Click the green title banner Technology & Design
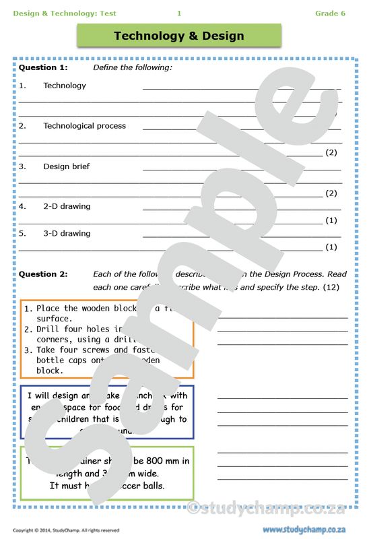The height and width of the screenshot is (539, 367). pyautogui.click(x=178, y=36)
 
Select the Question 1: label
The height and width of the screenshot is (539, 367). pyautogui.click(x=43, y=67)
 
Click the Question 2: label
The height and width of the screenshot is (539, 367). pyautogui.click(x=43, y=274)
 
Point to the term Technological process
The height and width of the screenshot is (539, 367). pyautogui.click(x=84, y=126)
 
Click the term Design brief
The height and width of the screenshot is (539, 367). pyautogui.click(x=66, y=166)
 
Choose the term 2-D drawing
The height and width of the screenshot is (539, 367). pyautogui.click(x=67, y=206)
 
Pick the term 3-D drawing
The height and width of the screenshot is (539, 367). pyautogui.click(x=67, y=233)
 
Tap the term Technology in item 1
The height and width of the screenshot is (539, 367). pyautogui.click(x=65, y=86)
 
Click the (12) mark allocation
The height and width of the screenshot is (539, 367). pyautogui.click(x=331, y=288)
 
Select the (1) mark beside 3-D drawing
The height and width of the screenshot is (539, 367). pyautogui.click(x=331, y=247)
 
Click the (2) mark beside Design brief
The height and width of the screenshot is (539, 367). pyautogui.click(x=331, y=193)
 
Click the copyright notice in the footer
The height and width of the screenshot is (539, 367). pyautogui.click(x=66, y=530)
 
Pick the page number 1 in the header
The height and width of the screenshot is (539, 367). pyautogui.click(x=179, y=13)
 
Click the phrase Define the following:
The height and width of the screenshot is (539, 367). pyautogui.click(x=133, y=67)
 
